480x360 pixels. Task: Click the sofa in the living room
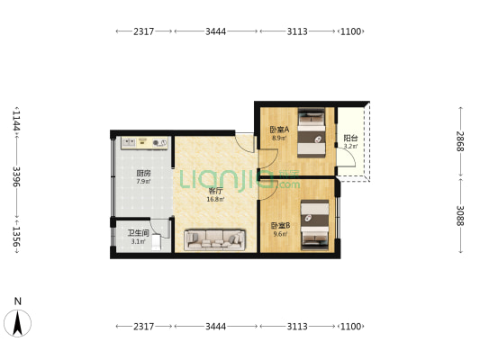tap(215, 239)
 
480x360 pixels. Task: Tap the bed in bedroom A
tap(312, 130)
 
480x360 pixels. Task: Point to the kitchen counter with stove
tap(143, 142)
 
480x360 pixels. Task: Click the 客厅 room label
tap(215, 191)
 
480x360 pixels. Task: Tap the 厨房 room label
tap(142, 173)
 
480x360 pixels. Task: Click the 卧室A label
tap(278, 130)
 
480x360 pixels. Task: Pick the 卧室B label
tap(278, 226)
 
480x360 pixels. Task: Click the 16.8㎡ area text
tap(215, 199)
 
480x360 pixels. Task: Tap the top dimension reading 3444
tap(215, 31)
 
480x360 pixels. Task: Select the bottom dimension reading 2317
tap(143, 326)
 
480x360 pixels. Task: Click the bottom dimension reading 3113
tap(297, 326)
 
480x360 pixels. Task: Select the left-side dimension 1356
tap(15, 237)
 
